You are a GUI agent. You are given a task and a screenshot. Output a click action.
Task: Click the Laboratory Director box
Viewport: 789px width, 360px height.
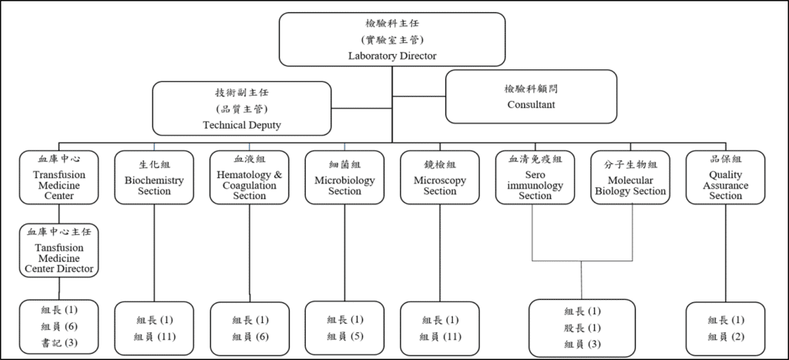click(392, 39)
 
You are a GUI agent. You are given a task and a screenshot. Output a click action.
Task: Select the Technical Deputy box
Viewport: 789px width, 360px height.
click(242, 108)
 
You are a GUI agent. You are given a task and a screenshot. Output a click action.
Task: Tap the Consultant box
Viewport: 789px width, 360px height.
click(531, 96)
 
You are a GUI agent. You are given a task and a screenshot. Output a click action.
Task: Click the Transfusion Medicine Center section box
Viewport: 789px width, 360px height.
click(59, 177)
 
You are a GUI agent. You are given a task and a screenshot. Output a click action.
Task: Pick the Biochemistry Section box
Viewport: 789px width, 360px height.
click(154, 177)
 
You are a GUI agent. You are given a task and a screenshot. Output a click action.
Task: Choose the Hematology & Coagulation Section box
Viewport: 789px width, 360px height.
click(250, 177)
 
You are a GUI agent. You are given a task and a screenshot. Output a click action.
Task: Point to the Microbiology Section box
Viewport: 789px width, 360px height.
click(344, 177)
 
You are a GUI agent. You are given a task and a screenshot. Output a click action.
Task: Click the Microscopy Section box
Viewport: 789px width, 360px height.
click(440, 177)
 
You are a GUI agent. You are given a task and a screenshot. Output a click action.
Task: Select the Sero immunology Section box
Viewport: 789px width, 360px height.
click(535, 177)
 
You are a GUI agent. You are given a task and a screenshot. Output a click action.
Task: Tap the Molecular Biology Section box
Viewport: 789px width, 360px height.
click(630, 177)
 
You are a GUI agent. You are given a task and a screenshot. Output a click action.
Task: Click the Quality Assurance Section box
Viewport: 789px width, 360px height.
click(725, 177)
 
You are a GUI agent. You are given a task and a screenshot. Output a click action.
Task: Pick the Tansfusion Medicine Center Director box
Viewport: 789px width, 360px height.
click(59, 250)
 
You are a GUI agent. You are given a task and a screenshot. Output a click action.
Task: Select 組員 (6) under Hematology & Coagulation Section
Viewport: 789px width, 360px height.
click(250, 336)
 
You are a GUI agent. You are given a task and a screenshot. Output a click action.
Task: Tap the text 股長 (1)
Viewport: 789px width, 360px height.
click(582, 328)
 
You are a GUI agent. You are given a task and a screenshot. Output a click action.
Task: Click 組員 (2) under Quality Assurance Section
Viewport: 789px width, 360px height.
click(725, 336)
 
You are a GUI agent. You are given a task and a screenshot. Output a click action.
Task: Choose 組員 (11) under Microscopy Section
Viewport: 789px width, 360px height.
click(440, 336)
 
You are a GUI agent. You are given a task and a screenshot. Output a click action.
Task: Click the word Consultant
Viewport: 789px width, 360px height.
click(531, 104)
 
